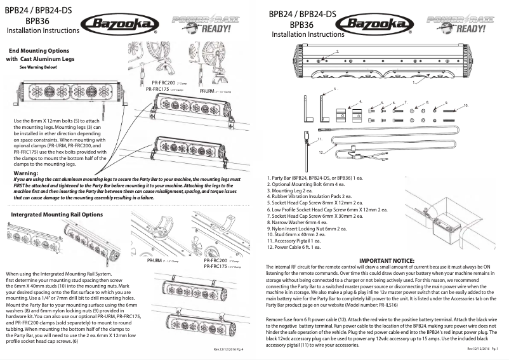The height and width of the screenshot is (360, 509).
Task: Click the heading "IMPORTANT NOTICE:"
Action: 387,261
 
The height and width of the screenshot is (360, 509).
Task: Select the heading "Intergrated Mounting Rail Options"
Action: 57,215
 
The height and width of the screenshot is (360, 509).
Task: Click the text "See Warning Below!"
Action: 39,67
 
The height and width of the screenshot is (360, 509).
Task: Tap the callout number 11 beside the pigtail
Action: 319,138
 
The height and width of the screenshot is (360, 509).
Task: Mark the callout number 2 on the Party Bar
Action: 338,50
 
